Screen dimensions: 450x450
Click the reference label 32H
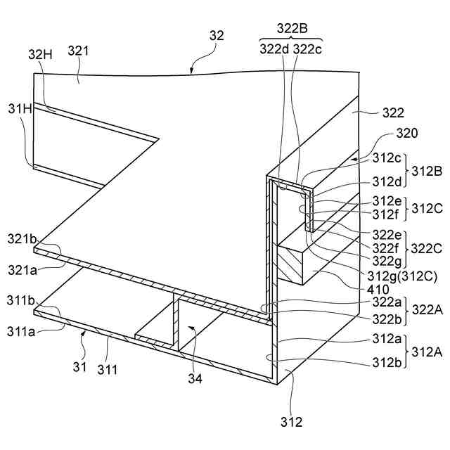pyautogui.click(x=40, y=54)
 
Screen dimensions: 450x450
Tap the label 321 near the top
pyautogui.click(x=78, y=51)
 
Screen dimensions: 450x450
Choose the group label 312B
pyautogui.click(x=426, y=170)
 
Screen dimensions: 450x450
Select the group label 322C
pyautogui.click(x=426, y=247)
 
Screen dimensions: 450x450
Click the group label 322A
pyautogui.click(x=427, y=309)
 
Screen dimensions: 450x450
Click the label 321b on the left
pyautogui.click(x=22, y=239)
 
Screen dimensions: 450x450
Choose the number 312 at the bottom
pyautogui.click(x=291, y=423)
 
